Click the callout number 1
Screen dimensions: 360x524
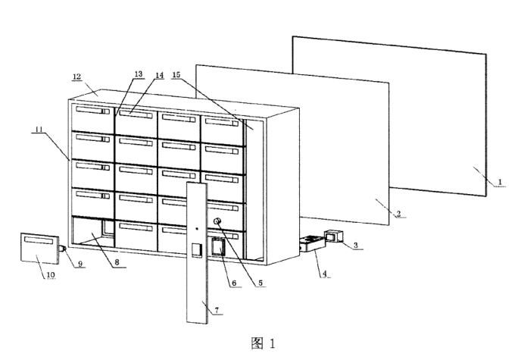coord(499,181)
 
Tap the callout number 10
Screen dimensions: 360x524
coord(49,275)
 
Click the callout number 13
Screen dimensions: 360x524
coord(138,74)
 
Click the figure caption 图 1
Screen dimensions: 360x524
coord(261,343)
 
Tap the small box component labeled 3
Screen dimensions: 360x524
coord(335,236)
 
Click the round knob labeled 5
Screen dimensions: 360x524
coord(218,222)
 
